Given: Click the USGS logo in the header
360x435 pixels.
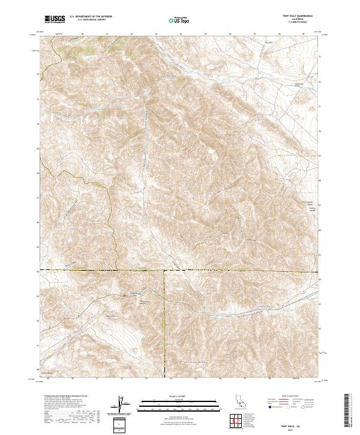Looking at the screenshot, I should coord(55,20).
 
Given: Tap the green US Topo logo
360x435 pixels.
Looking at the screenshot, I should coord(173,20).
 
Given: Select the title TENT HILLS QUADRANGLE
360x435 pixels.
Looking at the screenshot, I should coord(298,17).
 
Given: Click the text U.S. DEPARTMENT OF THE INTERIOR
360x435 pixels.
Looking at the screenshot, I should coord(91,17).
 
